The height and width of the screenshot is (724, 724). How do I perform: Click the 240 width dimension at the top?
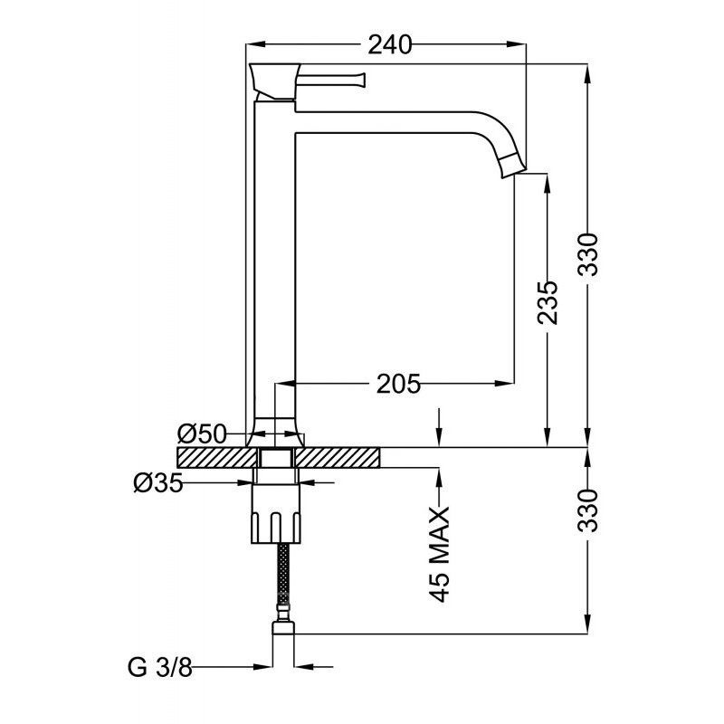tap(389, 44)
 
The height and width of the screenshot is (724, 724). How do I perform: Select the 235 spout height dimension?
tap(548, 302)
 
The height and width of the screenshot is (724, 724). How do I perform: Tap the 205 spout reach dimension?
tap(398, 384)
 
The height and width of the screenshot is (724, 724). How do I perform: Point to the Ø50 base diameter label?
tap(202, 434)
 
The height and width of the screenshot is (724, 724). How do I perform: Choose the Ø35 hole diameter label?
tap(158, 483)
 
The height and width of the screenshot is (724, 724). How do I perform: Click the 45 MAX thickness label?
tap(440, 554)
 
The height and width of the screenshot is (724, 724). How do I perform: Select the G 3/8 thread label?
tap(160, 667)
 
